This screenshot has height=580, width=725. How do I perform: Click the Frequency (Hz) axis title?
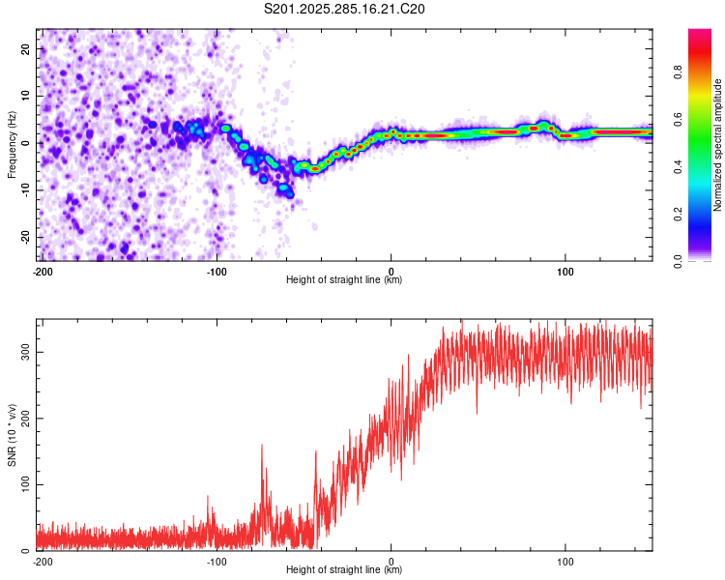tap(12, 144)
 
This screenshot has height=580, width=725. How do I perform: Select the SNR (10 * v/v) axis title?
tap(12, 434)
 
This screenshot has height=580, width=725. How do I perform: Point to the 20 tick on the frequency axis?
tap(26, 48)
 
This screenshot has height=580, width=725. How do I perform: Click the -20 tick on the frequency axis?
tap(24, 237)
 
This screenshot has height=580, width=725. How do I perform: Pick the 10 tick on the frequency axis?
tap(26, 96)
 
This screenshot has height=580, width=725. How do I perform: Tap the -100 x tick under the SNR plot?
tap(217, 562)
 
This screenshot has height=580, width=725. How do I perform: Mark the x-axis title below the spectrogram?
tap(344, 280)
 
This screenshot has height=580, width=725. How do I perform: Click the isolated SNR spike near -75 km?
tap(262, 449)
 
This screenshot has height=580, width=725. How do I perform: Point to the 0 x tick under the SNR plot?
tap(391, 562)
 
